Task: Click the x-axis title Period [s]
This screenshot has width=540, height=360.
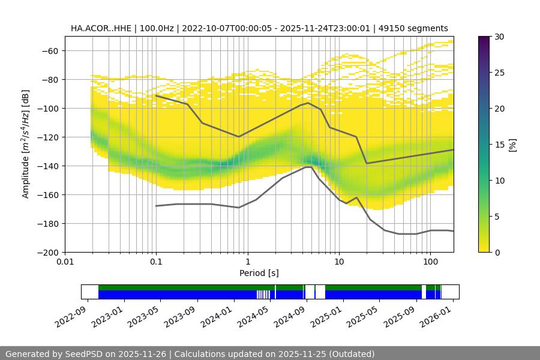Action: pos(259,273)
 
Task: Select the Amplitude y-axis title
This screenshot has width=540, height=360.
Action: pos(26,144)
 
